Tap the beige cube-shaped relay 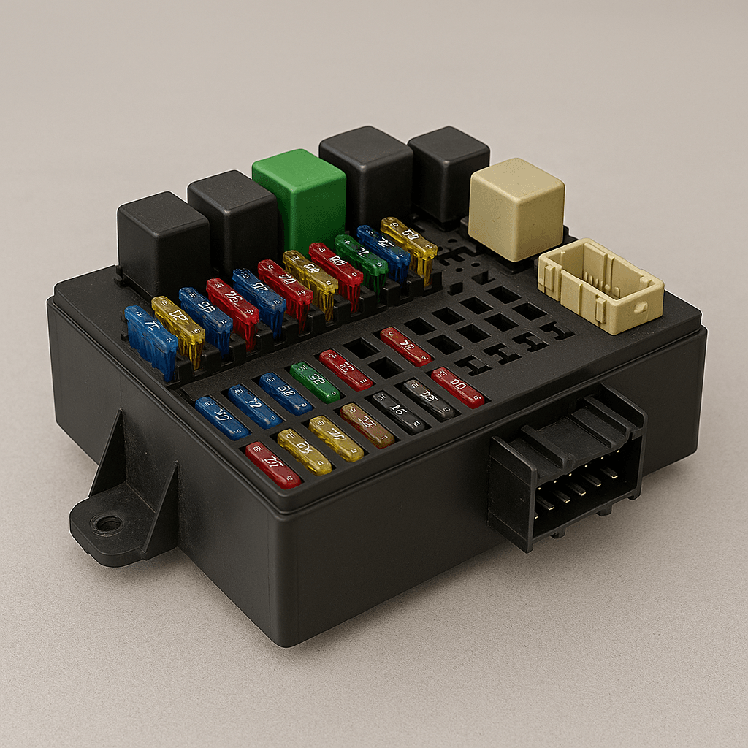point(516,207)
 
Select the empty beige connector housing point(600,286)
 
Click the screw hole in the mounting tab point(109,523)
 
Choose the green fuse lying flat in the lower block point(315,382)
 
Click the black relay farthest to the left point(163,241)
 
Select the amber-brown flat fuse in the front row point(367,425)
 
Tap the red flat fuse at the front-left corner point(273,465)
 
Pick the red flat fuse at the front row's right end point(457,387)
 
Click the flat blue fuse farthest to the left point(222,417)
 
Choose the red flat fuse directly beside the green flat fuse point(346,369)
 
